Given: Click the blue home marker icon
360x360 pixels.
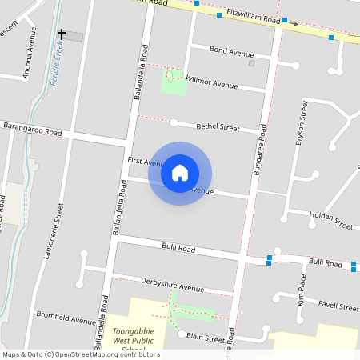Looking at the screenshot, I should pyautogui.click(x=180, y=172).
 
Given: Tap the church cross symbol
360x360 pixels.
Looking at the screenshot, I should pyautogui.click(x=62, y=35).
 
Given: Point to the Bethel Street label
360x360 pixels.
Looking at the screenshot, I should pyautogui.click(x=218, y=126).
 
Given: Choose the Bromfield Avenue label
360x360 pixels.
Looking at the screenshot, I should pyautogui.click(x=66, y=319).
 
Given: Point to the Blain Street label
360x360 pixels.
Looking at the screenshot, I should pyautogui.click(x=206, y=338).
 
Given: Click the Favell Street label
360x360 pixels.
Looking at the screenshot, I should pyautogui.click(x=338, y=306).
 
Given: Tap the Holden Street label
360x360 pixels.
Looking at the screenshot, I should pyautogui.click(x=331, y=220).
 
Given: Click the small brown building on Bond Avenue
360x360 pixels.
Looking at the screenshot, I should pyautogui.click(x=252, y=62).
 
